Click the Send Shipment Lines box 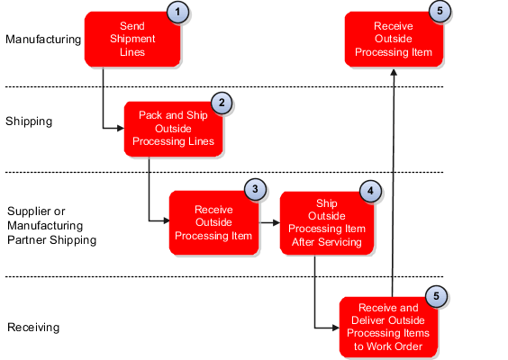(x=131, y=40)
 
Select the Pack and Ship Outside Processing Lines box (x=172, y=128)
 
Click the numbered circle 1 (x=179, y=13)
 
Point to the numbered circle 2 (x=222, y=103)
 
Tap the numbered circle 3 (x=256, y=191)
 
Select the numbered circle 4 (x=370, y=191)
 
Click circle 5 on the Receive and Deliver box (x=436, y=296)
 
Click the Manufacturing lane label (x=43, y=40)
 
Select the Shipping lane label (x=30, y=121)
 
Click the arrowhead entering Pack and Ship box (x=121, y=128)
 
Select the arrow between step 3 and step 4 (x=268, y=220)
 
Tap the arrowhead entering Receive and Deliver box (x=334, y=326)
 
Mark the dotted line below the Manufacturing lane (x=225, y=87)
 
